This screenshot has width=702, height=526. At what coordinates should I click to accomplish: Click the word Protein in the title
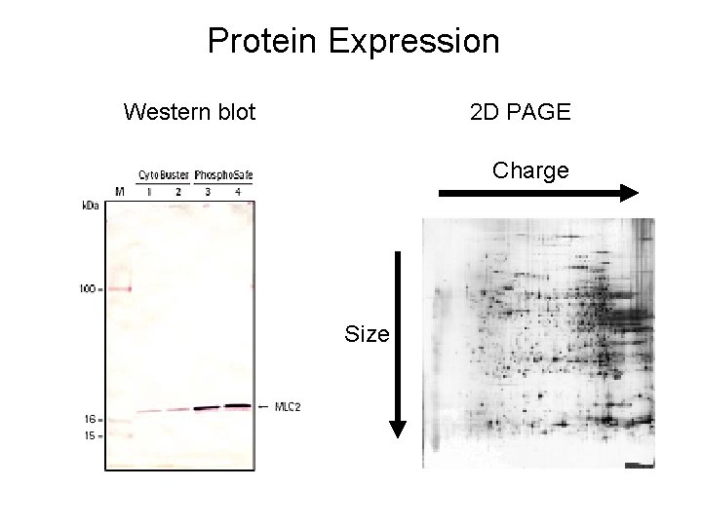pyautogui.click(x=263, y=42)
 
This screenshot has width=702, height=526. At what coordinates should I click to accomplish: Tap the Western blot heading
pyautogui.click(x=189, y=112)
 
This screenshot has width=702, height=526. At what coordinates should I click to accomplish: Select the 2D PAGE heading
pyautogui.click(x=520, y=112)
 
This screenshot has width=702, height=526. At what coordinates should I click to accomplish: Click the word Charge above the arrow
pyautogui.click(x=529, y=170)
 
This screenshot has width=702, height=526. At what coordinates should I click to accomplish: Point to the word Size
pyautogui.click(x=367, y=335)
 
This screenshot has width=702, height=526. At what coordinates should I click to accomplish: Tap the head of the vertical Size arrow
pyautogui.click(x=398, y=426)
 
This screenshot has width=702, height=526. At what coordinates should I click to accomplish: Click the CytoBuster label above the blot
pyautogui.click(x=163, y=175)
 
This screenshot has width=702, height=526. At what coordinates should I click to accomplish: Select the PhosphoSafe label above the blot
pyautogui.click(x=223, y=175)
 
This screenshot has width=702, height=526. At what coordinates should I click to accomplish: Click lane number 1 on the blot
pyautogui.click(x=149, y=191)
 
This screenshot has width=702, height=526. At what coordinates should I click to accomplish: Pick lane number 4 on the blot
pyautogui.click(x=238, y=191)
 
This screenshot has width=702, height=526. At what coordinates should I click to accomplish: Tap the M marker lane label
pyautogui.click(x=120, y=191)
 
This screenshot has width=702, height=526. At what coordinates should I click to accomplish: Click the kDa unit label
pyautogui.click(x=89, y=206)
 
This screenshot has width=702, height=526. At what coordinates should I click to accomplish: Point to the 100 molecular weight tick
pyautogui.click(x=89, y=288)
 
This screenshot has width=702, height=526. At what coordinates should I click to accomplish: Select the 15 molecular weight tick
pyautogui.click(x=89, y=435)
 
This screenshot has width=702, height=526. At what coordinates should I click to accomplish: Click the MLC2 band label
pyautogui.click(x=287, y=406)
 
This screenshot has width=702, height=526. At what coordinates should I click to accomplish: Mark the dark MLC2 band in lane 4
pyautogui.click(x=238, y=405)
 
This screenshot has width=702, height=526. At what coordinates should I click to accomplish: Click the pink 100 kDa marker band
pyautogui.click(x=120, y=288)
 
